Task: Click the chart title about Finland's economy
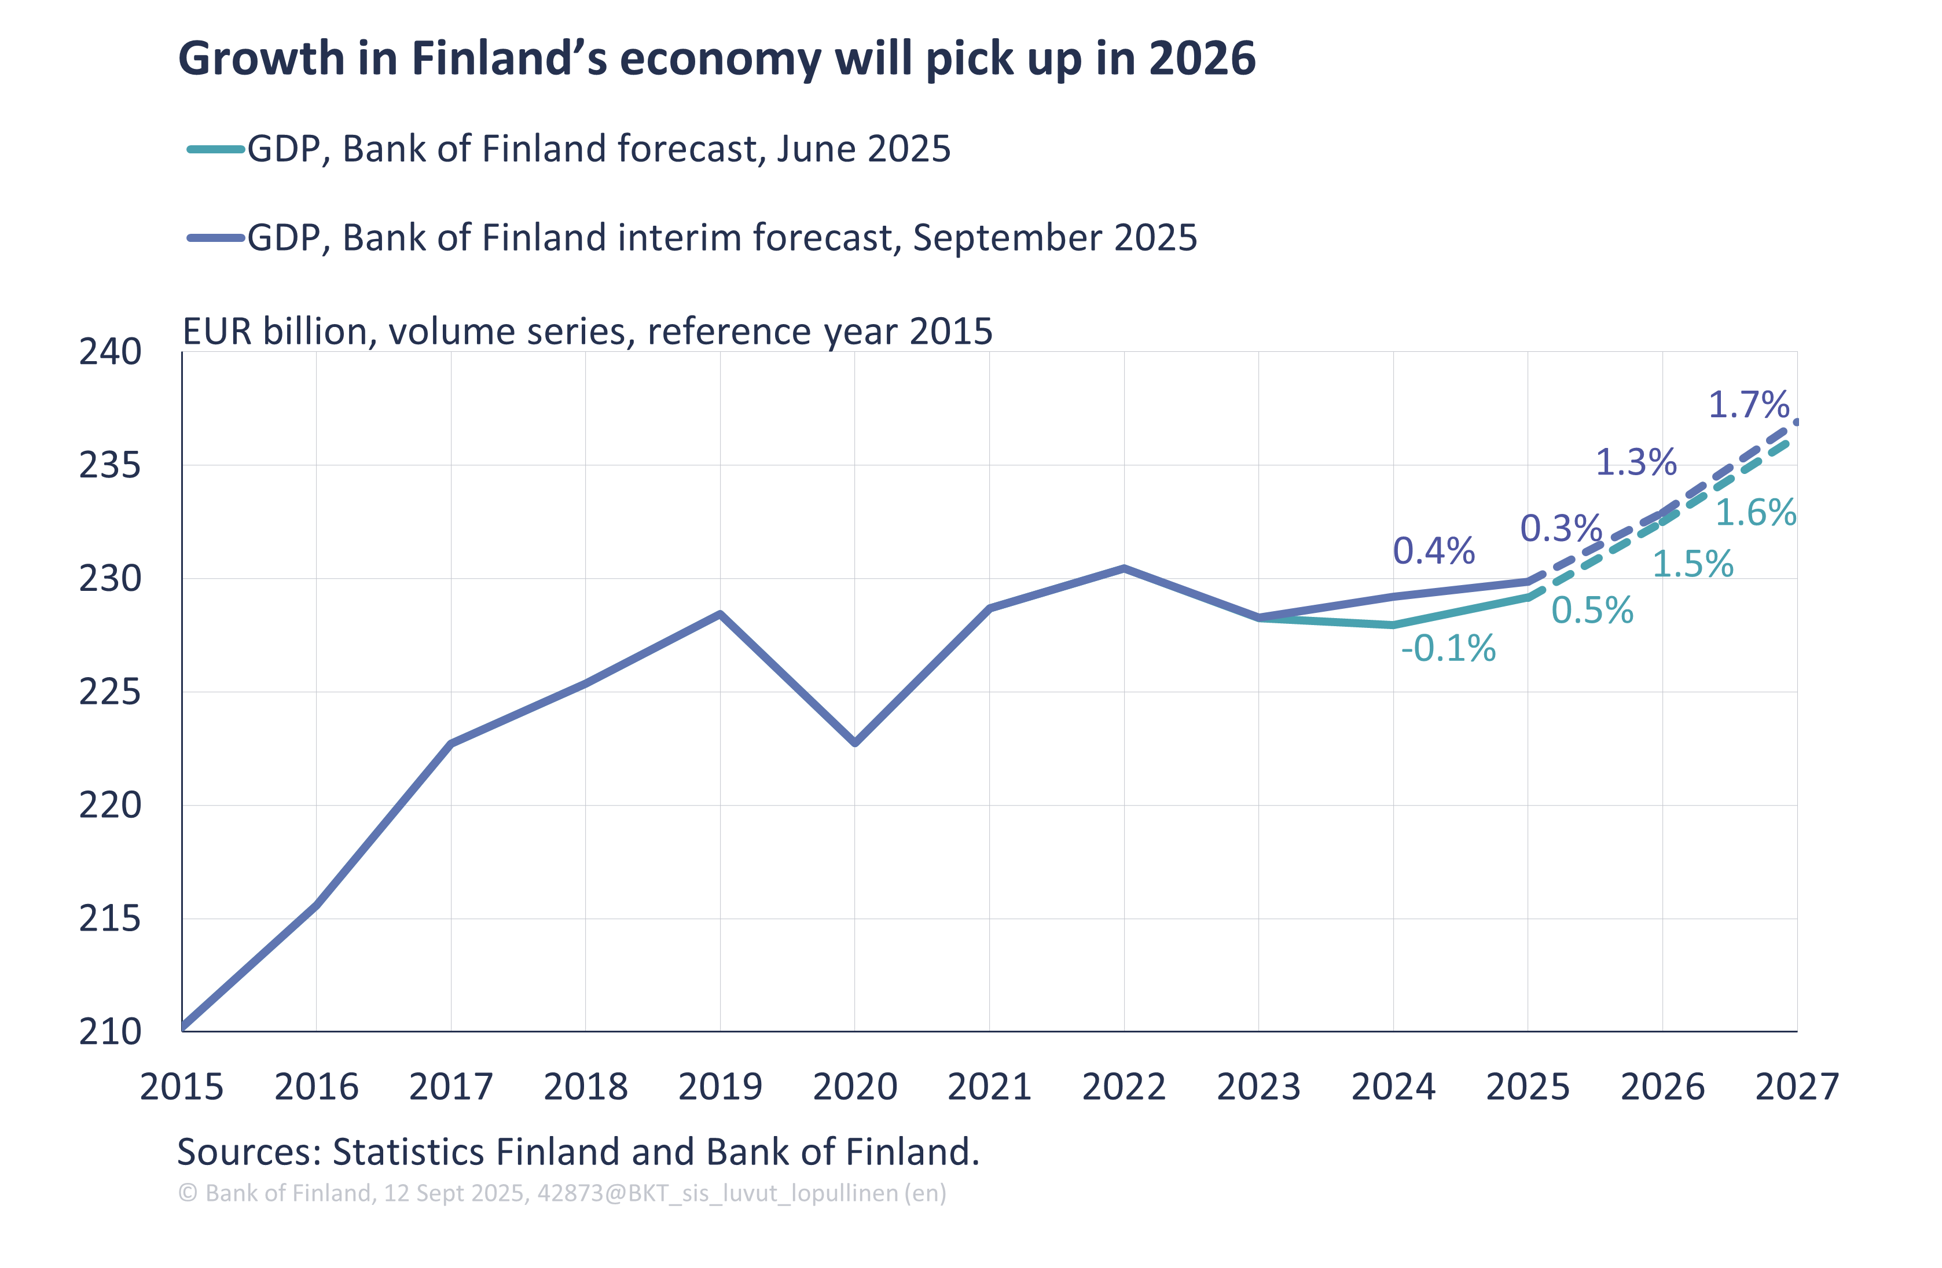point(717,59)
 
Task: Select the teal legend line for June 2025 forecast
point(215,149)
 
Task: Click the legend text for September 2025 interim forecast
point(721,238)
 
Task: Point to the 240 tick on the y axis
point(110,352)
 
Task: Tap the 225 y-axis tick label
point(110,693)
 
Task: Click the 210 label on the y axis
point(110,1032)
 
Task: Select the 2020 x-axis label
point(854,1087)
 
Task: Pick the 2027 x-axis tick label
point(1796,1087)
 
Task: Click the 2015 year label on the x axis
point(181,1087)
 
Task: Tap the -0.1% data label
point(1448,649)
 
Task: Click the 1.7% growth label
point(1749,405)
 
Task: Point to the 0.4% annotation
point(1434,552)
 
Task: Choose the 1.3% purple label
point(1636,462)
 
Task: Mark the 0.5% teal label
point(1592,611)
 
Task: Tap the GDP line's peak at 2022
point(1125,567)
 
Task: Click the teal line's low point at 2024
point(1394,625)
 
